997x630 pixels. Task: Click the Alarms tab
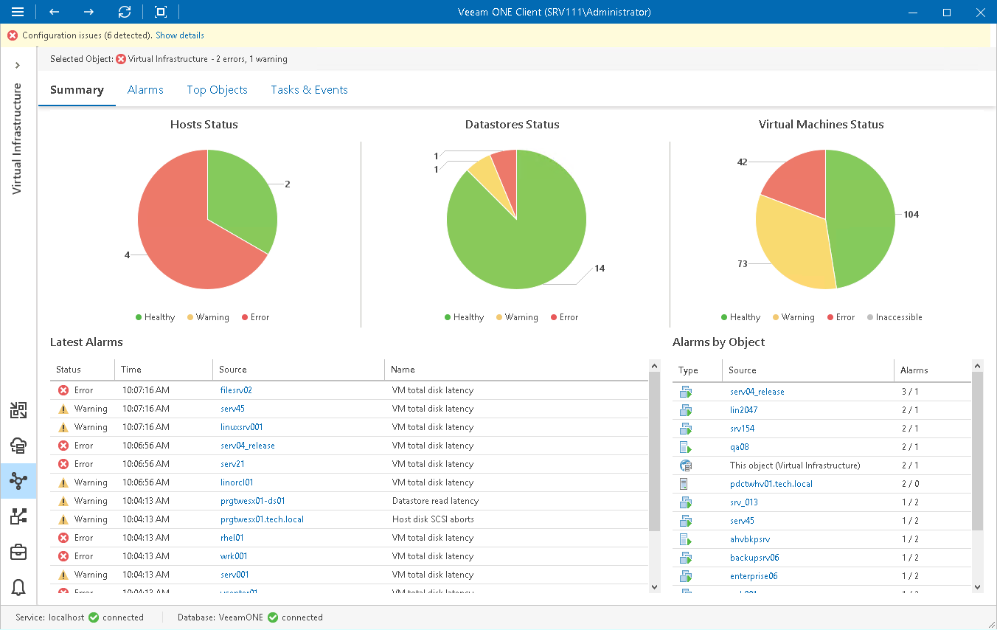click(x=145, y=90)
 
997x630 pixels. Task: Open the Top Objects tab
click(x=217, y=90)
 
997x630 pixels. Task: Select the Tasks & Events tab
click(x=309, y=90)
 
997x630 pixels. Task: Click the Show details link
click(x=180, y=35)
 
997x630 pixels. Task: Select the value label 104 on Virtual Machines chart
click(x=911, y=215)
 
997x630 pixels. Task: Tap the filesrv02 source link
click(x=236, y=390)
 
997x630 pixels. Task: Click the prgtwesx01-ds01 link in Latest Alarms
click(x=252, y=501)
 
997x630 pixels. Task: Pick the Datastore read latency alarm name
click(x=435, y=501)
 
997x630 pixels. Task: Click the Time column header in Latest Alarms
click(x=131, y=370)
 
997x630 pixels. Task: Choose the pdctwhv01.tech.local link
click(x=771, y=484)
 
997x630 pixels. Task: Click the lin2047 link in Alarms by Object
click(x=743, y=410)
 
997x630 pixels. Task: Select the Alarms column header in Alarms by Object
click(x=914, y=370)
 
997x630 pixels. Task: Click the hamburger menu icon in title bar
click(x=18, y=12)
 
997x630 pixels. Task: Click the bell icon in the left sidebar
click(x=18, y=587)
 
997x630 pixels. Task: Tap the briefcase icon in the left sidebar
click(x=18, y=552)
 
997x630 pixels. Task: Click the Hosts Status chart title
click(x=204, y=125)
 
